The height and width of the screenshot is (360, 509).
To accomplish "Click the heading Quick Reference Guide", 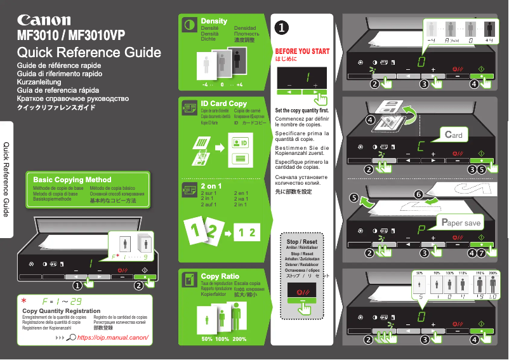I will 89,53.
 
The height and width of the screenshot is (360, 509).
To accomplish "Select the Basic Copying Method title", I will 72,180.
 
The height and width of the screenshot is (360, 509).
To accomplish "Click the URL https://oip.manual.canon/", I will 112,337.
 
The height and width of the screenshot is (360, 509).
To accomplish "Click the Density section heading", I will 214,21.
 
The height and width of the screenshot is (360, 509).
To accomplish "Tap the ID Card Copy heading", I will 223,103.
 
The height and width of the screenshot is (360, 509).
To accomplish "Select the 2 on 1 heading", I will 211,186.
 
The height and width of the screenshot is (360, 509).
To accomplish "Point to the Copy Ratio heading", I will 220,277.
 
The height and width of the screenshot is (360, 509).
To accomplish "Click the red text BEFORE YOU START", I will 301,51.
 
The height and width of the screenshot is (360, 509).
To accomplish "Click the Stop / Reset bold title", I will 301,242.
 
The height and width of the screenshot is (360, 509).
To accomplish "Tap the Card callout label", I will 453,135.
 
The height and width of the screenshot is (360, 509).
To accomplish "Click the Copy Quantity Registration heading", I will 61,310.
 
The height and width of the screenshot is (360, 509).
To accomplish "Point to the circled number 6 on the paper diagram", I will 418,193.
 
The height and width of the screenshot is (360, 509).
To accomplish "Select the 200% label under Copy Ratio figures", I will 239,339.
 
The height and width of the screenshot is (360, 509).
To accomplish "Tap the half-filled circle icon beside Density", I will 188,25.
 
